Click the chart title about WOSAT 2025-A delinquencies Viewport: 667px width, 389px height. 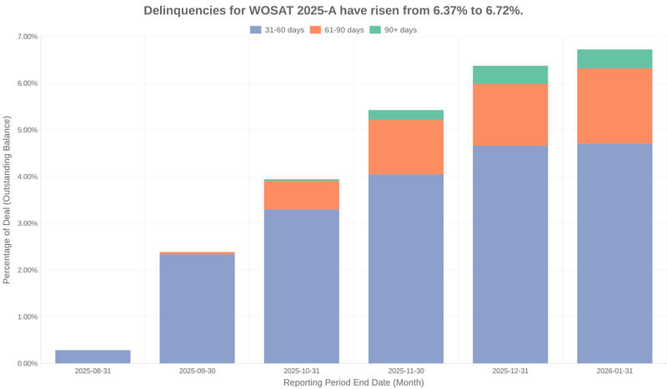click(333, 11)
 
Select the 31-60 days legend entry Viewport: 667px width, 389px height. click(277, 30)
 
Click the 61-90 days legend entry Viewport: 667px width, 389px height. click(337, 30)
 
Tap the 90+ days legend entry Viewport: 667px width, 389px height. click(393, 30)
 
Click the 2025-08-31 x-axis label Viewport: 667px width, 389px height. click(93, 371)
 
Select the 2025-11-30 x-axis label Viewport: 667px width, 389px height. click(406, 371)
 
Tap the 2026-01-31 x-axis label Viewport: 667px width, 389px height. click(614, 371)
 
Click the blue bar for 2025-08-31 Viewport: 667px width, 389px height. click(93, 357)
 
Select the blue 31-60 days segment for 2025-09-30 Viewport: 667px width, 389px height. click(197, 308)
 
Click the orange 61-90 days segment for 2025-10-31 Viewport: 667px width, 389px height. click(301, 195)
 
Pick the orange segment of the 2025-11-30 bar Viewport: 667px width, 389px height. click(406, 147)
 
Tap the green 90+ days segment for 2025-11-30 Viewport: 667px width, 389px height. click(406, 115)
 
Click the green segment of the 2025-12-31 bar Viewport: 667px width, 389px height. click(510, 75)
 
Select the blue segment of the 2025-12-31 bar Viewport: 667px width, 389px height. click(510, 254)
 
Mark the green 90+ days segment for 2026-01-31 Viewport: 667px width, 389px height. click(614, 58)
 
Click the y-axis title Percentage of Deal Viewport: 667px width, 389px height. click(8, 200)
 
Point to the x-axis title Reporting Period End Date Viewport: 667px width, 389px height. click(354, 382)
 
